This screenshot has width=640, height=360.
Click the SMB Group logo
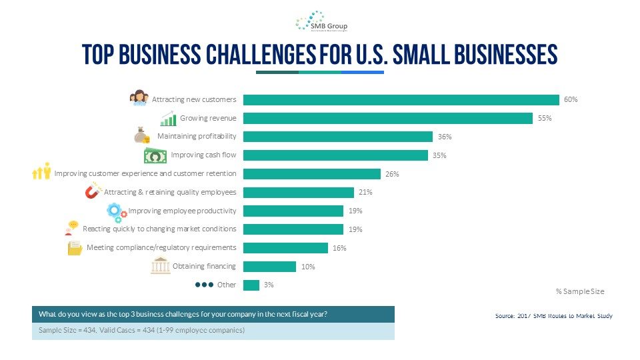321,21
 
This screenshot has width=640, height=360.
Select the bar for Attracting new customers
401,100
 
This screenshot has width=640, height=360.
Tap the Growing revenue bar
387,119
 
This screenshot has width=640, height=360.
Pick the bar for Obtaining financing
269,267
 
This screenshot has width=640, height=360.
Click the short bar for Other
251,285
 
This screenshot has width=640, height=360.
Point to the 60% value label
571,100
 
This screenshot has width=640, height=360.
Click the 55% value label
545,119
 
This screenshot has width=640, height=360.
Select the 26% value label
392,174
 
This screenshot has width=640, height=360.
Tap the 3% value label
269,285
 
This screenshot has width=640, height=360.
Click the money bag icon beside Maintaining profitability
141,135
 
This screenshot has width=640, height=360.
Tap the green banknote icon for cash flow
155,156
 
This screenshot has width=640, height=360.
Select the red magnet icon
93,192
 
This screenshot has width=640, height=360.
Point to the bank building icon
160,265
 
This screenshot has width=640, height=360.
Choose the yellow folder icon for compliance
75,248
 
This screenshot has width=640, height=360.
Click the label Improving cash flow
203,155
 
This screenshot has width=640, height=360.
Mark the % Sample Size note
579,291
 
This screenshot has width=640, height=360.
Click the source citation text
553,315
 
